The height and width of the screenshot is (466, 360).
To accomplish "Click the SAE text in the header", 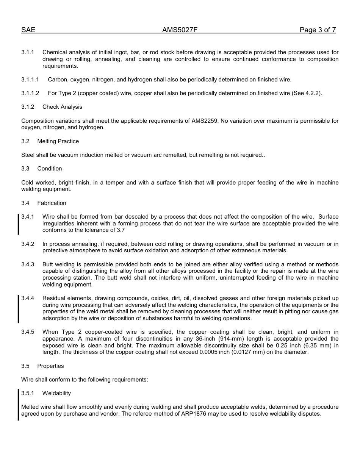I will click(x=28, y=30).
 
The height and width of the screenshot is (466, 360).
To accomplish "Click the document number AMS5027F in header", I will click(x=180, y=30).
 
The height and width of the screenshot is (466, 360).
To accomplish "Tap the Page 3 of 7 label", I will click(x=318, y=30).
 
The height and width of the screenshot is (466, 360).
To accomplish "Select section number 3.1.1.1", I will click(x=30, y=80).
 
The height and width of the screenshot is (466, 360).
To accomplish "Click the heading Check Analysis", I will click(x=62, y=107).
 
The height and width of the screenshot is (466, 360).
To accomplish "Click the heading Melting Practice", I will click(x=58, y=141).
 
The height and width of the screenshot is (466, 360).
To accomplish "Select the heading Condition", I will click(x=50, y=169).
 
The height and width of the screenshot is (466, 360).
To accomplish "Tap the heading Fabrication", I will click(x=52, y=203).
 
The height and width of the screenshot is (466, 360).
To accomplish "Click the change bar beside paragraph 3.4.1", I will click(x=19, y=224).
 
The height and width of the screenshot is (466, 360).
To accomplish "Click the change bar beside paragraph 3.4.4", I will click(x=19, y=309).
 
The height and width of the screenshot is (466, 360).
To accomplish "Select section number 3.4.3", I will click(x=28, y=264).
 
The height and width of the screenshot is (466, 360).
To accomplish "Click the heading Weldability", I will click(x=56, y=393).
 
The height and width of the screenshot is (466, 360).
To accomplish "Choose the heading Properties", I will click(x=50, y=366).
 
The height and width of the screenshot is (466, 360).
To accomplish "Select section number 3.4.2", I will click(x=28, y=244).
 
